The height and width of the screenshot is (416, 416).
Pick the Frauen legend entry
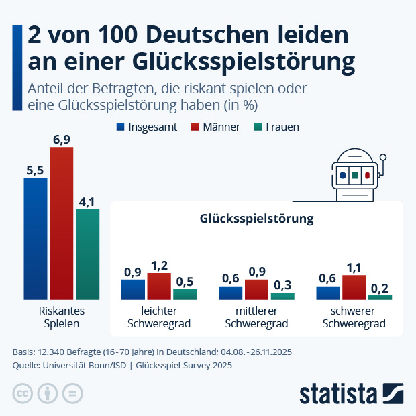[x=276, y=127]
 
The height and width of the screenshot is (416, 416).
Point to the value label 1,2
[x=158, y=266]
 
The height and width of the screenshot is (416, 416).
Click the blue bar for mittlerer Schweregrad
[x=230, y=293]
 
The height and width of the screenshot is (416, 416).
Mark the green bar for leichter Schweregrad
[x=185, y=294]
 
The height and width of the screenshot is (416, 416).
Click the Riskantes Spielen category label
[x=61, y=317]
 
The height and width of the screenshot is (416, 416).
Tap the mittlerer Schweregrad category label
[x=256, y=317]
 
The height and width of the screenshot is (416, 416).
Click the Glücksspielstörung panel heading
[x=256, y=219]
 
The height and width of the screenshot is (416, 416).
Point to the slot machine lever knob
[x=383, y=158]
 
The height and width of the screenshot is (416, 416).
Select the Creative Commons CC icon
[x=23, y=393]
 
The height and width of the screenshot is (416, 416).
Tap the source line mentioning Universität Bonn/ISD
[x=122, y=366]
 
